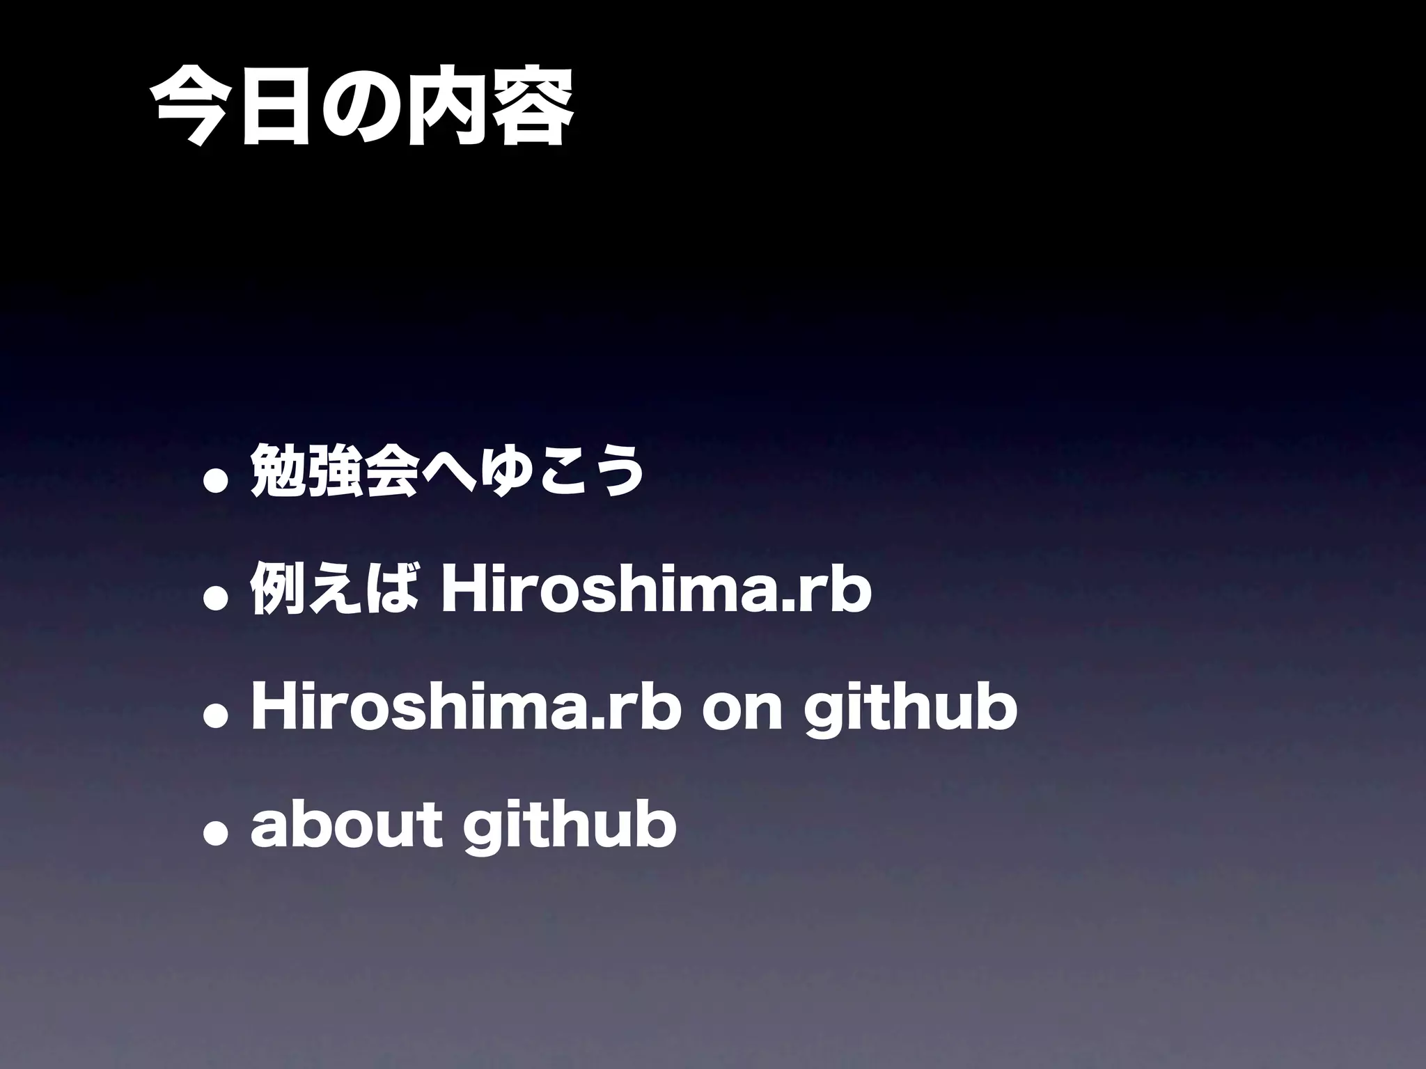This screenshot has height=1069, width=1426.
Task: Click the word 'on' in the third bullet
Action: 742,710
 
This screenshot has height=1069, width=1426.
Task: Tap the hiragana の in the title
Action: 362,108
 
